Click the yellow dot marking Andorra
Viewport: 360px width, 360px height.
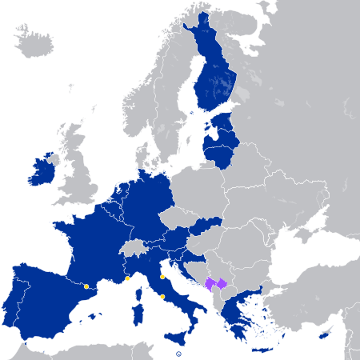86,286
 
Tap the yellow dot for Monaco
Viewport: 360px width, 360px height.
127,278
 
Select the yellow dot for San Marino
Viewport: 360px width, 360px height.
162,277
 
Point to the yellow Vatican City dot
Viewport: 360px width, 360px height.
162,297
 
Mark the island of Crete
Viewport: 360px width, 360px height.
263,350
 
